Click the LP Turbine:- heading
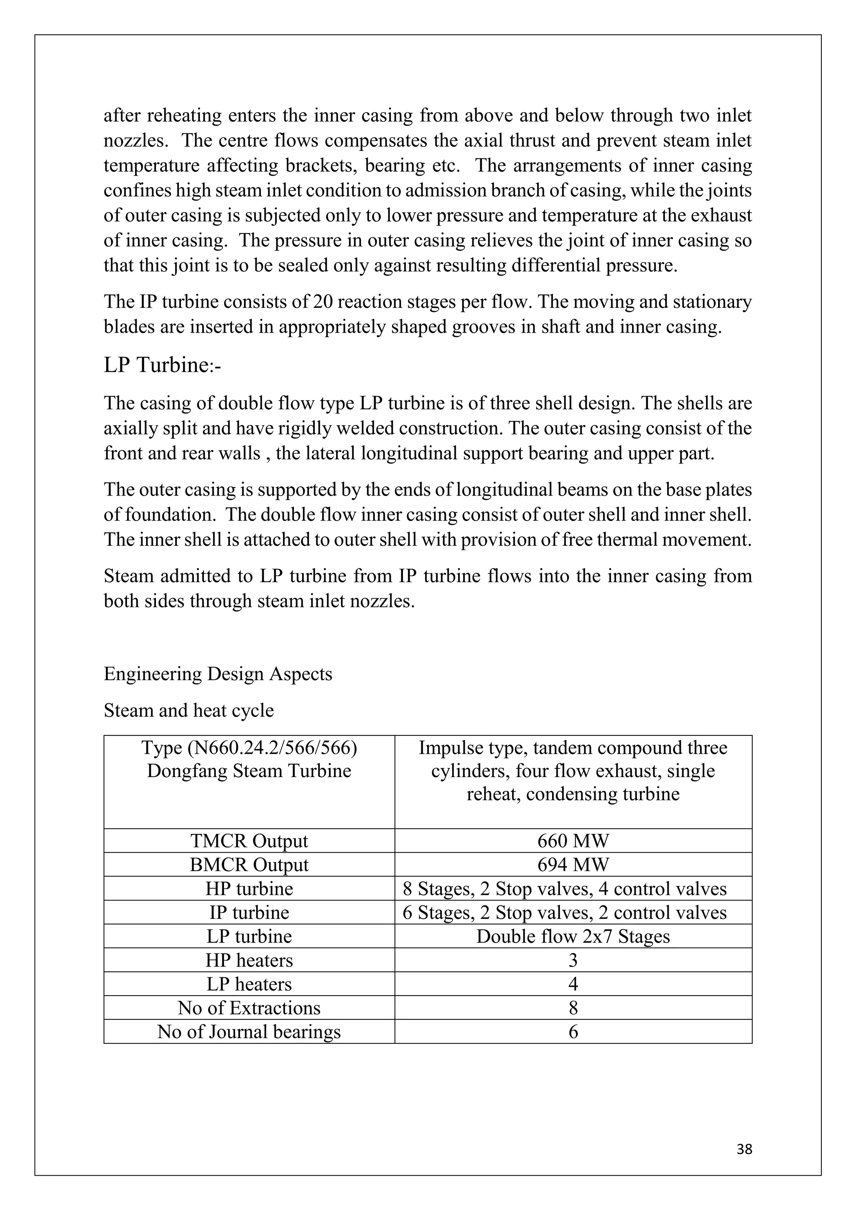(162, 365)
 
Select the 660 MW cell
(573, 841)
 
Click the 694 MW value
(573, 864)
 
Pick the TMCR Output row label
(249, 841)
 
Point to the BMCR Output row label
(249, 864)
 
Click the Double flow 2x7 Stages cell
(573, 936)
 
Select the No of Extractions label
(249, 1008)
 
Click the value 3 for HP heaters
(573, 960)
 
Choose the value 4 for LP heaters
(573, 984)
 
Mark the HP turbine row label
(249, 889)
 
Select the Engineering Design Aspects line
(218, 674)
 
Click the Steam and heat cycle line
(189, 710)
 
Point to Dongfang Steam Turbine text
(249, 771)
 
